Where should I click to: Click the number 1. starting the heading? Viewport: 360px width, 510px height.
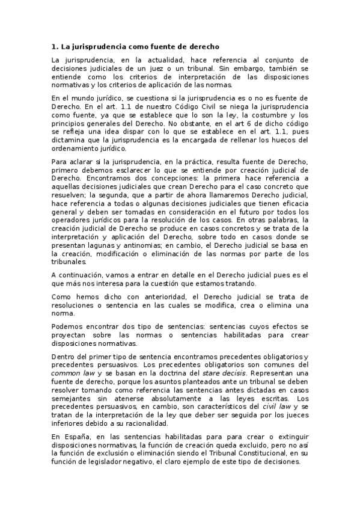pos(53,46)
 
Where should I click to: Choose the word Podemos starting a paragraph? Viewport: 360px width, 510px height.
pos(66,327)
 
